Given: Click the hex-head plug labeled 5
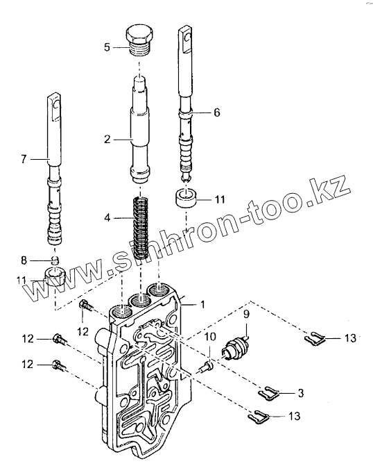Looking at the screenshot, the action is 140,40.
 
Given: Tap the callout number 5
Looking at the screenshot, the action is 107,47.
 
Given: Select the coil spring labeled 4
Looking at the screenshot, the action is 141,227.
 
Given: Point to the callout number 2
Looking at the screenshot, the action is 107,139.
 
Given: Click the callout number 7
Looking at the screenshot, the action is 24,159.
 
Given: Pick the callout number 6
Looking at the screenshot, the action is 216,112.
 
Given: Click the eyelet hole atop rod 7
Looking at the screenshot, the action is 56,106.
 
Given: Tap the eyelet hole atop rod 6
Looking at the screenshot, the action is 189,38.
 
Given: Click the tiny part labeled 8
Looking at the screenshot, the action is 54,260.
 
